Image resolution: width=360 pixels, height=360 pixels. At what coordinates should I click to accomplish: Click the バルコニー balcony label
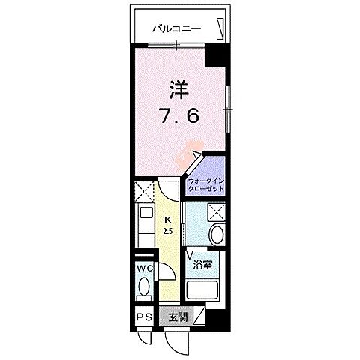175,30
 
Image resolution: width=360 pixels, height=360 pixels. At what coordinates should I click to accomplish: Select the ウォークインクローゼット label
205,185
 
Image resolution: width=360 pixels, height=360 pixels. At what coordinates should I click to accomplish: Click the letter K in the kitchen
169,220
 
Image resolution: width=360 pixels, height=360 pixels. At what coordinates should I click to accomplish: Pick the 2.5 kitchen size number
169,230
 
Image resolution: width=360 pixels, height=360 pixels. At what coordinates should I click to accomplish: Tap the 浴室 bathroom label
202,265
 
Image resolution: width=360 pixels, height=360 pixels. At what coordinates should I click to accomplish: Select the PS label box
143,317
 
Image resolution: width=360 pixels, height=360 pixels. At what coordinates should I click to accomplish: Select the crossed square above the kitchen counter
144,191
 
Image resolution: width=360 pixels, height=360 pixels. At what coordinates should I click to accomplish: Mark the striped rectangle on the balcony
220,28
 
